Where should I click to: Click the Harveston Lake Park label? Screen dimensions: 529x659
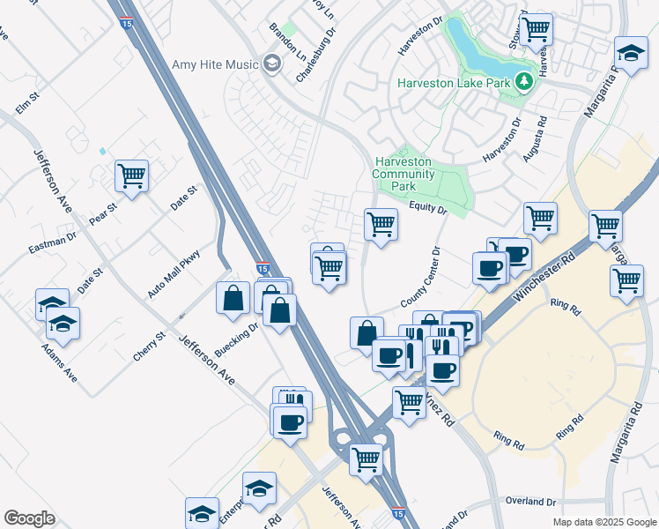click(454, 83)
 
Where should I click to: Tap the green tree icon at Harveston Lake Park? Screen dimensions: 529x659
click(525, 82)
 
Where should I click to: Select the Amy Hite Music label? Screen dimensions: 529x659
click(216, 64)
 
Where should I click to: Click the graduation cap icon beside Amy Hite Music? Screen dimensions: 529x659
click(271, 63)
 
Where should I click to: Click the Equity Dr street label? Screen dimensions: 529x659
click(428, 208)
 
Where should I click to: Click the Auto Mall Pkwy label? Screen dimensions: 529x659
click(174, 274)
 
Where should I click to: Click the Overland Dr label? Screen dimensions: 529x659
click(531, 501)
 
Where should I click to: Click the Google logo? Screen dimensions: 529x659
click(29, 518)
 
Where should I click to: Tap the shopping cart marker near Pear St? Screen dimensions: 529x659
click(131, 176)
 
